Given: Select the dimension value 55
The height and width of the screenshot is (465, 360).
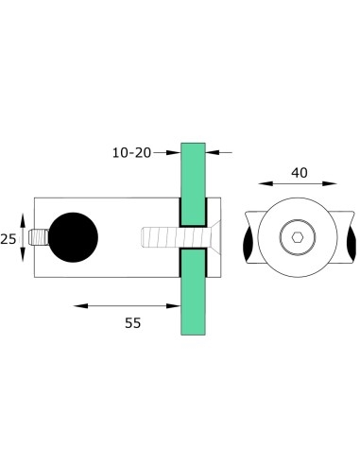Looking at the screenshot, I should (x=131, y=323).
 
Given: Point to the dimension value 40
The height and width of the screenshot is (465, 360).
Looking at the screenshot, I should (x=300, y=172).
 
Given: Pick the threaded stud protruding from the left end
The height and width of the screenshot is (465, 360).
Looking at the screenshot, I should (x=39, y=237).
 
